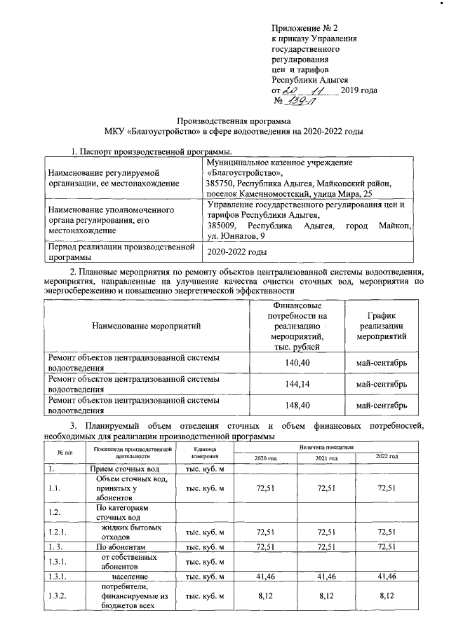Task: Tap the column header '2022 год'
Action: coord(387,457)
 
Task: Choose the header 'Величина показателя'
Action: coord(327,446)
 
